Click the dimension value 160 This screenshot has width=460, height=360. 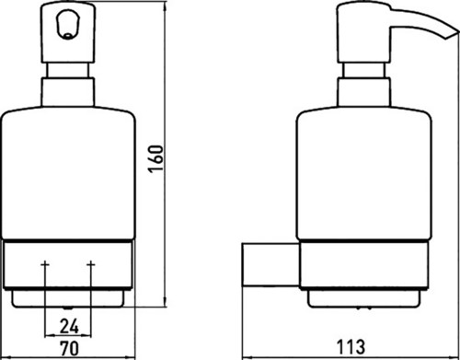156,158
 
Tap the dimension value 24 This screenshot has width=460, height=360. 69,326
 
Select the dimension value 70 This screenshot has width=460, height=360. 69,348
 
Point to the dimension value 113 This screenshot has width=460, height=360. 351,346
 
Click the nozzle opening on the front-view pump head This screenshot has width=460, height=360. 68,37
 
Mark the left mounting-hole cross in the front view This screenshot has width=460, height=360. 45,264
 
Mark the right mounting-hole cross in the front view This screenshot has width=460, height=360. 91,264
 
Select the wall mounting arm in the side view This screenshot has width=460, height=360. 270,265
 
